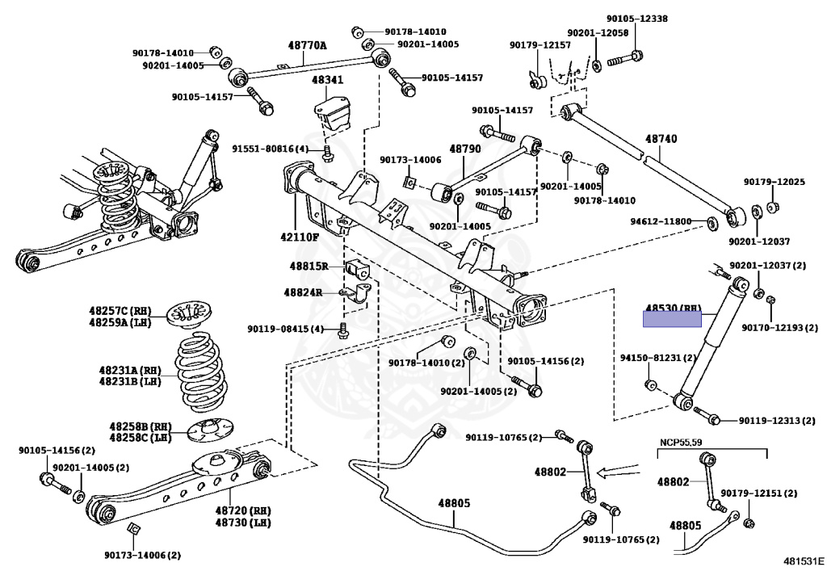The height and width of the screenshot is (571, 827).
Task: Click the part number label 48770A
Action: (307, 46)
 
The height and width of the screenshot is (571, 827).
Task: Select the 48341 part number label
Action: (328, 80)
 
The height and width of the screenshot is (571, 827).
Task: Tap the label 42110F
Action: (300, 237)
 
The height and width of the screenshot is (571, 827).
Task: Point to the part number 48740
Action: (661, 139)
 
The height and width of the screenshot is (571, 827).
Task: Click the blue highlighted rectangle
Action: (673, 319)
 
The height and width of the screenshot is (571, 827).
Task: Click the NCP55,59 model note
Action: (680, 441)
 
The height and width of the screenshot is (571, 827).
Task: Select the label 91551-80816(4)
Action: (270, 149)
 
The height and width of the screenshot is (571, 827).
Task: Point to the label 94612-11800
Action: (661, 220)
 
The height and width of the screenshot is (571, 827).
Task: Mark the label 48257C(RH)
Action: (120, 309)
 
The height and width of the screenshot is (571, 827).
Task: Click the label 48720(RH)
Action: (243, 510)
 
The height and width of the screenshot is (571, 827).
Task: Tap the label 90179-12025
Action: (774, 182)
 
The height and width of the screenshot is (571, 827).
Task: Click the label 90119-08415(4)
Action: (285, 329)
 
